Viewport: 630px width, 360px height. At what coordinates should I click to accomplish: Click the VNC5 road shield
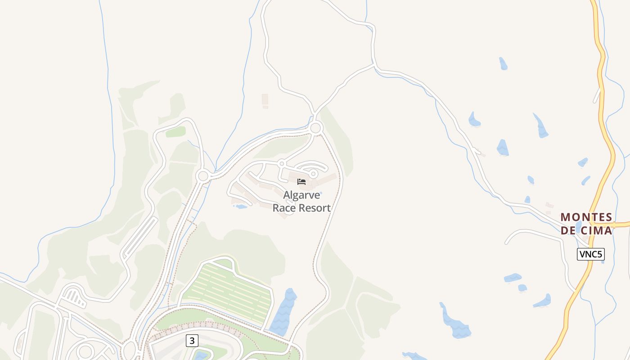point(590,254)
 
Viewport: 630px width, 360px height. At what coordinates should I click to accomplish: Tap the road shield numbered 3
point(192,341)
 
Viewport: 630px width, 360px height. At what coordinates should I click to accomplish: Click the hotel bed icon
point(301,182)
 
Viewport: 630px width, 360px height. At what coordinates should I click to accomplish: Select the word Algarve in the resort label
point(301,195)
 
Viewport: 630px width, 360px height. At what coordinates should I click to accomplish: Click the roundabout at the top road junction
point(316,128)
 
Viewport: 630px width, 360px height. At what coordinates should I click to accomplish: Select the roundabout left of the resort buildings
point(202,175)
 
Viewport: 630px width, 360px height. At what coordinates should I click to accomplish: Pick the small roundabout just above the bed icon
point(282,163)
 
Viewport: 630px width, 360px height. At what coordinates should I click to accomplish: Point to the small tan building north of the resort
point(265,99)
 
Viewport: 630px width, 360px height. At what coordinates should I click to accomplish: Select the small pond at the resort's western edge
point(241,207)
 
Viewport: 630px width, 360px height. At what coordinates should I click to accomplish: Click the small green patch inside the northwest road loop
point(175,132)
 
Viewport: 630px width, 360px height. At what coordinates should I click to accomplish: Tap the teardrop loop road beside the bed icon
point(314,173)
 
